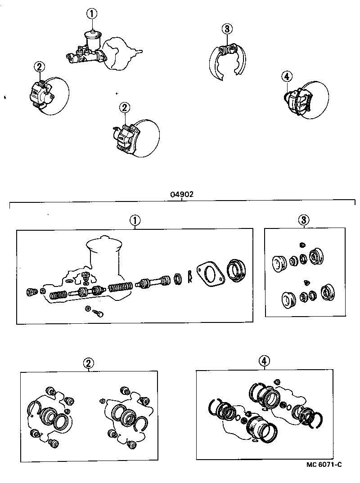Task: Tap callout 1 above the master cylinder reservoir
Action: pos(92,14)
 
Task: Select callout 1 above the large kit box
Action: pos(134,220)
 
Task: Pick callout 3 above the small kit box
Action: pos(304,220)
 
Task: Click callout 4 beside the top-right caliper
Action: pos(286,76)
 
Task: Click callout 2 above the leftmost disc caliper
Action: pos(39,67)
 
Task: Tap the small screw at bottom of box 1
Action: pos(99,313)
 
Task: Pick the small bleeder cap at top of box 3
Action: pos(302,244)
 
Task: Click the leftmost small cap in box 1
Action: pos(31,293)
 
